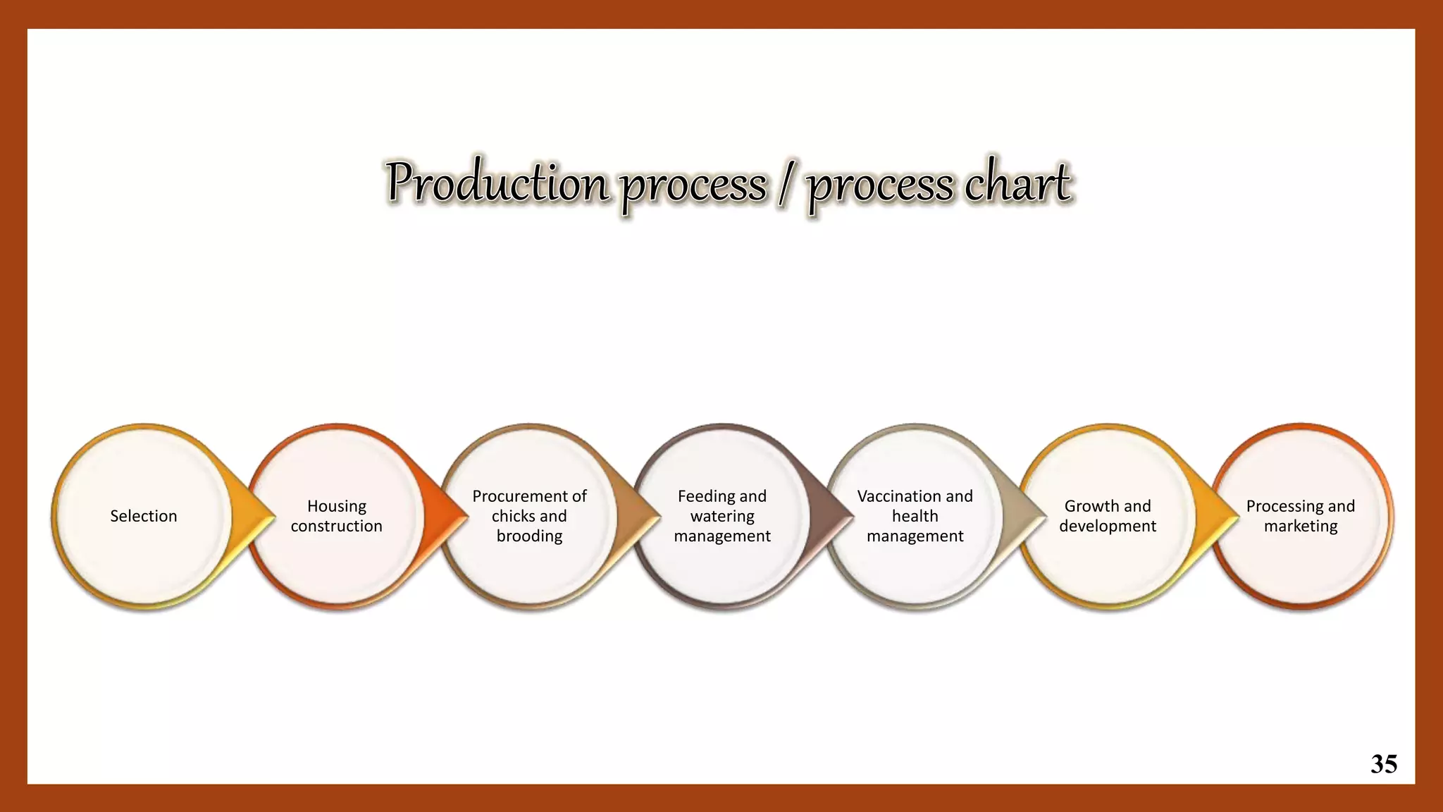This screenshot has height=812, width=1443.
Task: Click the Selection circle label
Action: coord(144,516)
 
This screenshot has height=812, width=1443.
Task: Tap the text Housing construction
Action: coord(336,516)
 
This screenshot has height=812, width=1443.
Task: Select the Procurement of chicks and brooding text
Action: coord(529,516)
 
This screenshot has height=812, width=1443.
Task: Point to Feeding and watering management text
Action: coord(722,516)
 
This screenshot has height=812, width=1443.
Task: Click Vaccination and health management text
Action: coord(915,516)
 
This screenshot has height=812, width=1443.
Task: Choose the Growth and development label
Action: coord(1108,516)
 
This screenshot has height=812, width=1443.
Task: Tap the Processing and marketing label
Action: coord(1301,516)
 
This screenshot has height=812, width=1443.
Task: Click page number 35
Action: coord(1384,764)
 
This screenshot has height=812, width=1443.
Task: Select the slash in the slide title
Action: coord(785,185)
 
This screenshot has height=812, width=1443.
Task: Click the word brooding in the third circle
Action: coord(529,536)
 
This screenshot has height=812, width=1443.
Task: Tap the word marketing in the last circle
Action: coord(1301,527)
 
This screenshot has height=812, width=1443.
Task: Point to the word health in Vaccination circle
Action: coord(915,517)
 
